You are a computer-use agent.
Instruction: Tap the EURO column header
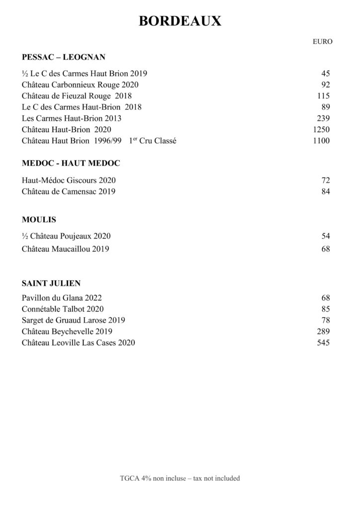coord(323,42)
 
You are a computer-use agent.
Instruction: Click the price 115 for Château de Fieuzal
coord(323,96)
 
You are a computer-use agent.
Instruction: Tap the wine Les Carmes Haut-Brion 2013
coord(72,118)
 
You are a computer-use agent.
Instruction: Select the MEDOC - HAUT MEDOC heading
coord(71,163)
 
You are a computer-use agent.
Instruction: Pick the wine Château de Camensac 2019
coord(69,192)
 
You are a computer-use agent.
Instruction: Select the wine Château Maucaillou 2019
coord(66,249)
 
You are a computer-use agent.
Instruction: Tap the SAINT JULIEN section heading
coord(51,283)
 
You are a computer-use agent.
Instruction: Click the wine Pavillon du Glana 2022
coord(62,298)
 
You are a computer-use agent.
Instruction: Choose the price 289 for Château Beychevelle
coord(323,332)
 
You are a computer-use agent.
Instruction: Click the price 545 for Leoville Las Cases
coord(323,342)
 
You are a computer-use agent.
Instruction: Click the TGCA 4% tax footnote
coord(180,478)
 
